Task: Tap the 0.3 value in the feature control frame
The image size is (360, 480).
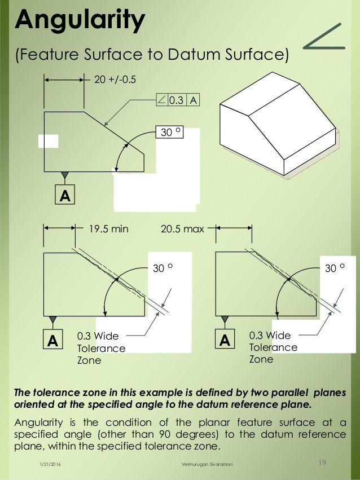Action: click(177, 100)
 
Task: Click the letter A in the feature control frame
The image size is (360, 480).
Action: click(194, 100)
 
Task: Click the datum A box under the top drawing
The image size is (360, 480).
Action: click(65, 195)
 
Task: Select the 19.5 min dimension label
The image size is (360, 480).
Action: click(109, 228)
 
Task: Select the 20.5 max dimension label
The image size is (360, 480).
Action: click(182, 228)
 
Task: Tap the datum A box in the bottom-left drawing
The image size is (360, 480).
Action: click(52, 340)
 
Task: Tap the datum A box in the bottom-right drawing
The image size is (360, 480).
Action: click(225, 340)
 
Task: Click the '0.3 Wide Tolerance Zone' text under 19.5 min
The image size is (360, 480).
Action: click(101, 348)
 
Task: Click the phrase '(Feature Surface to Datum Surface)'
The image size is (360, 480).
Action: click(152, 55)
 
